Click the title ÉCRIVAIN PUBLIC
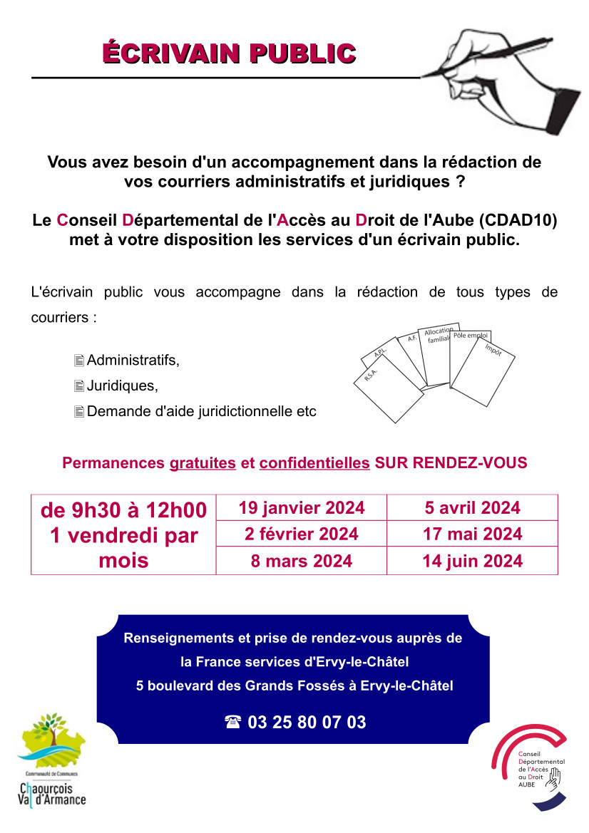(229, 53)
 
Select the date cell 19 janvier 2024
(302, 508)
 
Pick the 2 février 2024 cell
(302, 534)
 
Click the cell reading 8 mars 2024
(302, 561)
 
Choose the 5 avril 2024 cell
(472, 508)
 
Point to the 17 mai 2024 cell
(472, 534)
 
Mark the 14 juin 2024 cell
(472, 561)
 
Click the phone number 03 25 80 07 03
(307, 723)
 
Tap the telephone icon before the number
(232, 723)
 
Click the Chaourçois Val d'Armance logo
(51, 759)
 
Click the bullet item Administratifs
(133, 361)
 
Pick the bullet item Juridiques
(122, 386)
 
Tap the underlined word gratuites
(203, 463)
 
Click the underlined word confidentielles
(314, 463)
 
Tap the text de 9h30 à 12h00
(123, 510)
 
